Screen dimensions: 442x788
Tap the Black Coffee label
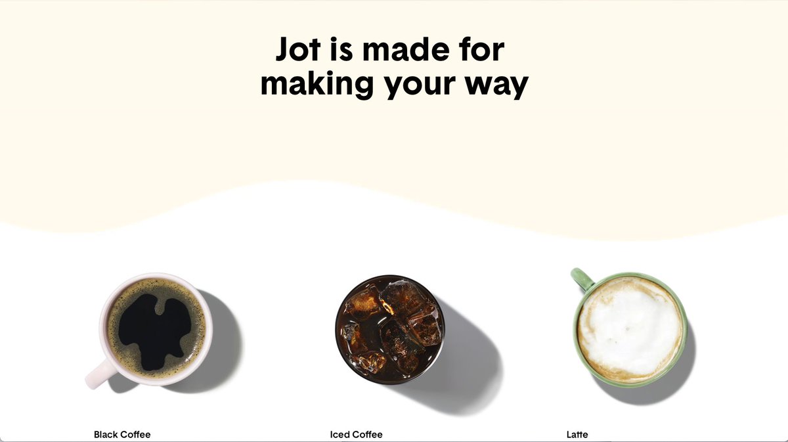[122, 435]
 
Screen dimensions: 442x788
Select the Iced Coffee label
[356, 435]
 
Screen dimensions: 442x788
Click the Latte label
[577, 435]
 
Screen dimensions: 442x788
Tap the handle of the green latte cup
[581, 278]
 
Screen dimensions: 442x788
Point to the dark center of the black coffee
[155, 328]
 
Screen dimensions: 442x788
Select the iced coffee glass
[389, 328]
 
